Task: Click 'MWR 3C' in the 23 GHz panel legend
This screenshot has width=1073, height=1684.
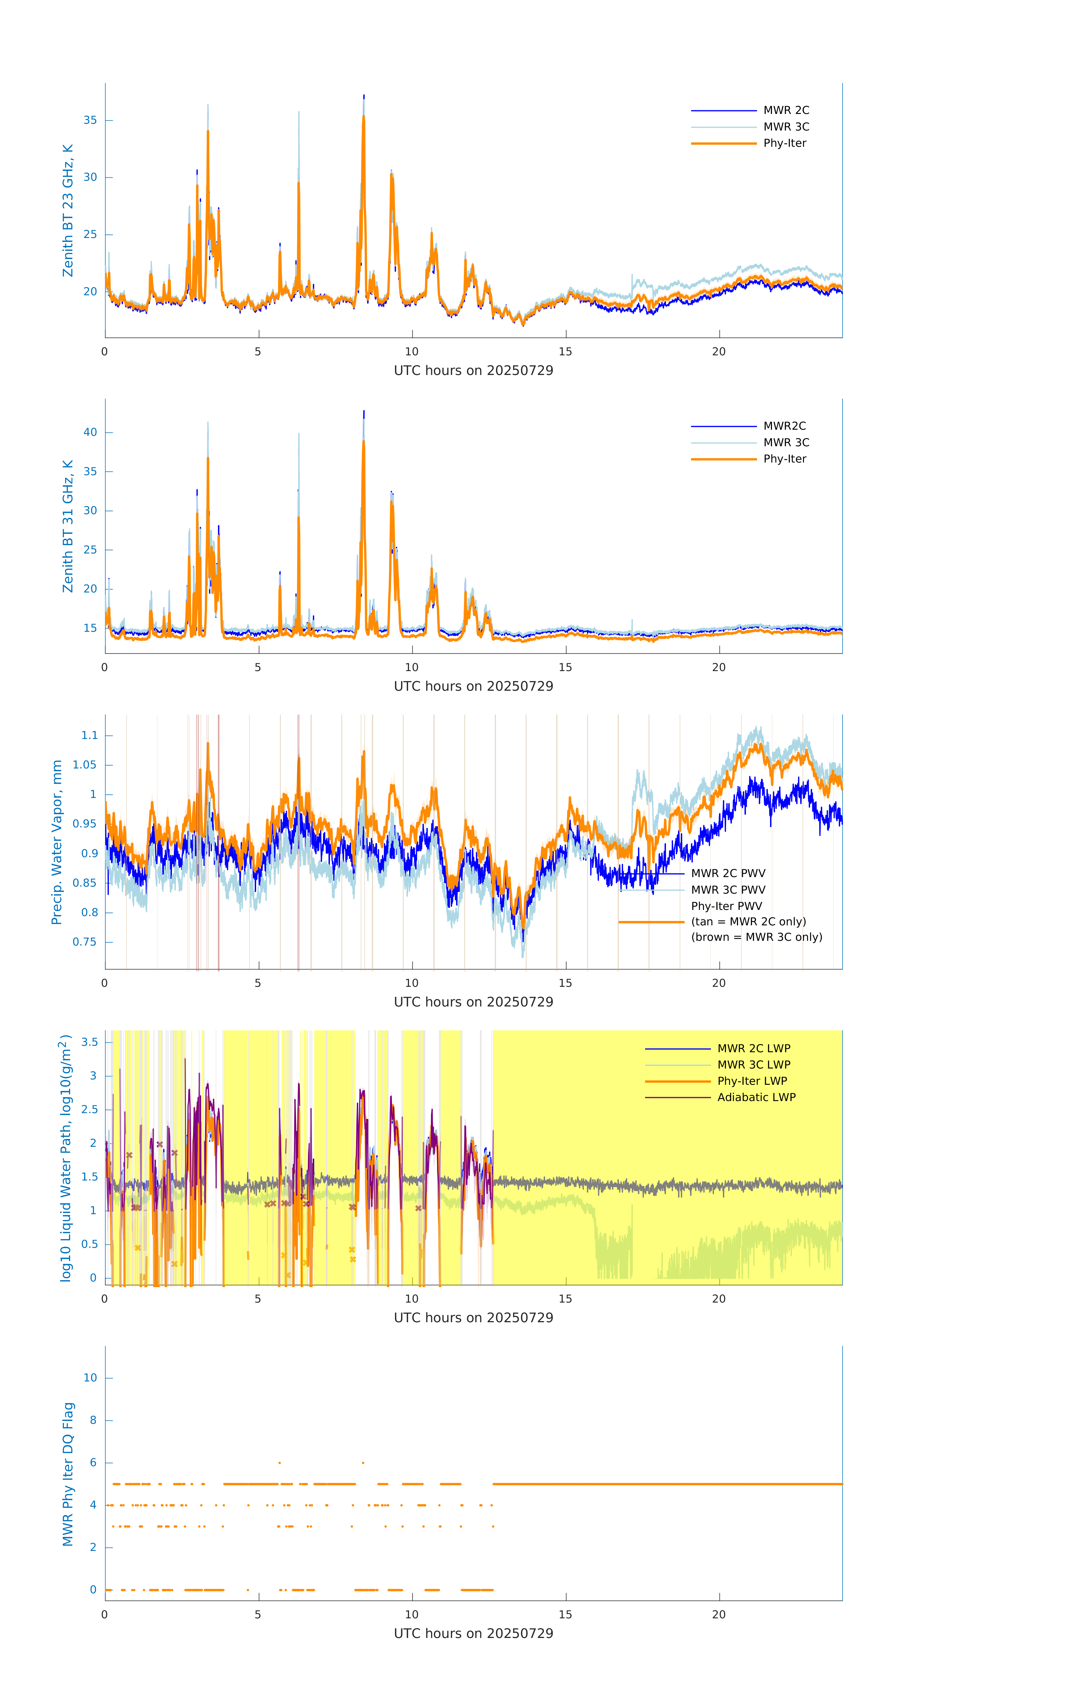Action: click(786, 127)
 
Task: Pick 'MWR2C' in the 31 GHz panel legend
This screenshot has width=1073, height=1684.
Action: click(784, 426)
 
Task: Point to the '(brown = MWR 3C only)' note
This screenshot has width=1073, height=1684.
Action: click(756, 937)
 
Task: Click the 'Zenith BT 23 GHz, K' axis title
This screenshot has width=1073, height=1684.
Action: click(68, 210)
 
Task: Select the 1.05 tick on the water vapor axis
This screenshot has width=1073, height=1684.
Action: click(85, 765)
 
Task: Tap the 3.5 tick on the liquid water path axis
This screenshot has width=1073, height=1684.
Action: click(89, 1042)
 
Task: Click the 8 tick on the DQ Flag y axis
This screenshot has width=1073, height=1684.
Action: click(93, 1420)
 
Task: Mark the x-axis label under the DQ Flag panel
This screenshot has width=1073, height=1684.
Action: click(473, 1634)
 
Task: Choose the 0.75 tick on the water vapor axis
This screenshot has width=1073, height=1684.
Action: click(85, 942)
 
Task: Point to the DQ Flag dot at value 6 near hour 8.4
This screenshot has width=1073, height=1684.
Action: click(363, 1462)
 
